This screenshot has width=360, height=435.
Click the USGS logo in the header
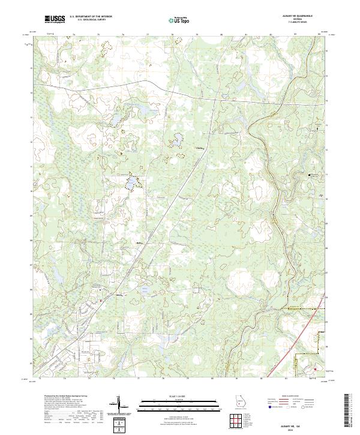coord(55,19)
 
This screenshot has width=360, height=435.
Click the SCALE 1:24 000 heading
coord(179,395)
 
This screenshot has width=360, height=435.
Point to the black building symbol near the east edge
coord(310,175)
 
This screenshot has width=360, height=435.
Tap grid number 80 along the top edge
coord(221,35)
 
